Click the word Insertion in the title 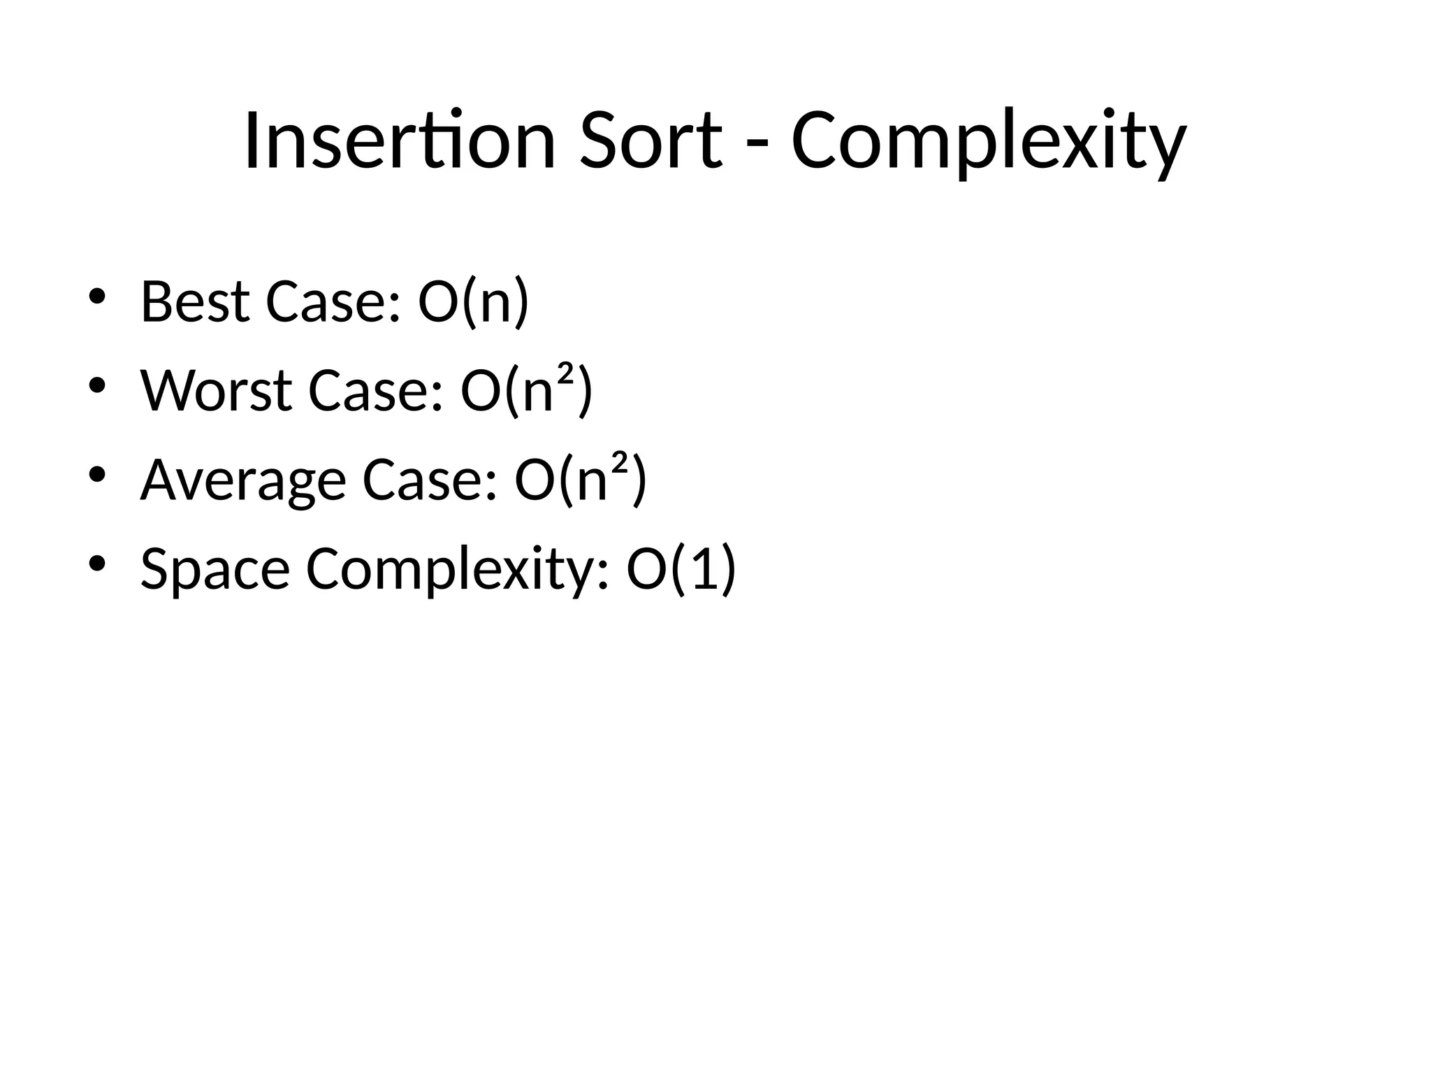click(x=400, y=141)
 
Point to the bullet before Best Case click(x=96, y=296)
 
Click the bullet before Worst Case click(x=96, y=385)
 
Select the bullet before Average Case click(x=96, y=475)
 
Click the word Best click(x=195, y=302)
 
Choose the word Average click(x=243, y=480)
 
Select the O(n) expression click(x=474, y=302)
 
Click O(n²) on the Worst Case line click(x=527, y=391)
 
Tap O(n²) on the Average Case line click(x=581, y=480)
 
